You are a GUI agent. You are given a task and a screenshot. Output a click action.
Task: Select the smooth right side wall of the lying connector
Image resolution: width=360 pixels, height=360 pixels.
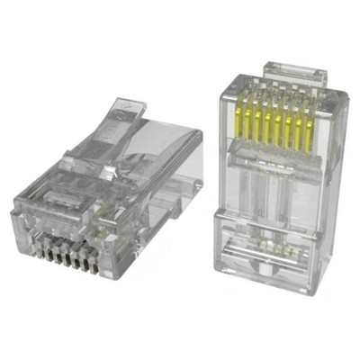(x=171, y=180)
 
